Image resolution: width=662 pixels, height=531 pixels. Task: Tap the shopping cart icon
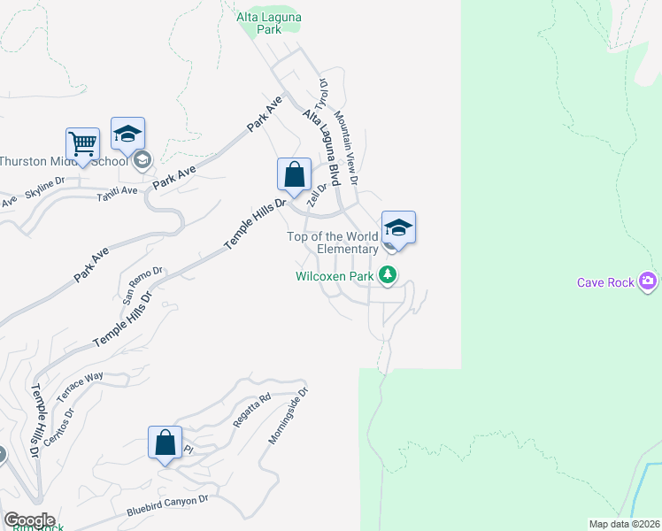82,144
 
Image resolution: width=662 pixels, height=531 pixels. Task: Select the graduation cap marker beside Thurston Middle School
127,135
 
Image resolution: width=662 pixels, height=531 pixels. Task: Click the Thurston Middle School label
64,161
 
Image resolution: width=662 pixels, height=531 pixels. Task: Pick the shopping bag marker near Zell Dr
294,174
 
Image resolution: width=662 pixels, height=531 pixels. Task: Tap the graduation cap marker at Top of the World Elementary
398,227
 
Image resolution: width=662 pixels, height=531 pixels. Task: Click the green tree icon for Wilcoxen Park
387,276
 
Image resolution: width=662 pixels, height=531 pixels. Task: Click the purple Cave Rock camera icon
649,281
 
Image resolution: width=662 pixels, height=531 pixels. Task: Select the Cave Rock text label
606,282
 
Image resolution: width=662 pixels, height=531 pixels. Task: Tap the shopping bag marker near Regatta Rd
165,442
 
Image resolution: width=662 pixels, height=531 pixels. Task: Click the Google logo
29,520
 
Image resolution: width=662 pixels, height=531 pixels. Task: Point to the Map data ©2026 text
624,524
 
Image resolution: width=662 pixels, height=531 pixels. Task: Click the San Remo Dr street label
142,286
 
